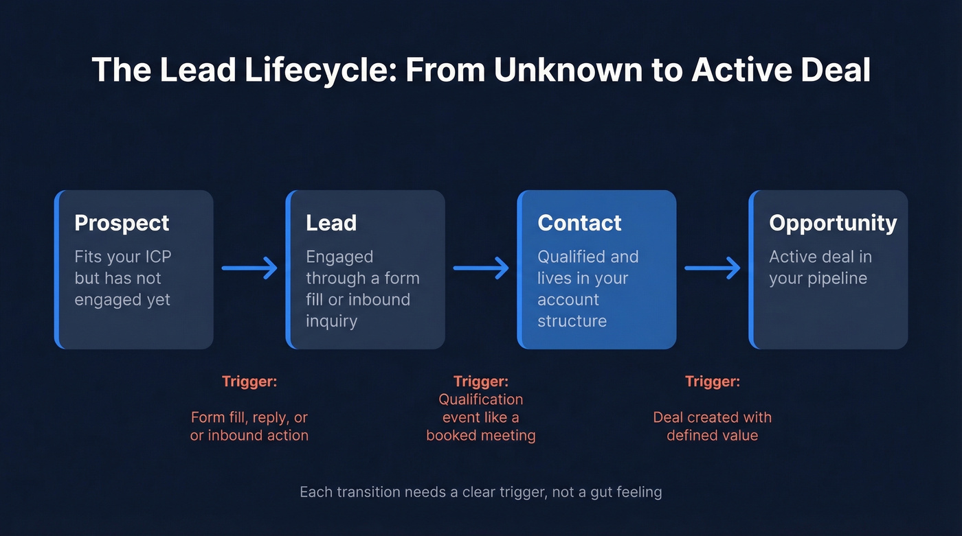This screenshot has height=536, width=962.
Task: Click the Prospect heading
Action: [x=122, y=223]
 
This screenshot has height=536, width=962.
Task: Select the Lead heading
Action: [x=331, y=223]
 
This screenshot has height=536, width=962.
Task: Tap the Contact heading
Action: [x=579, y=223]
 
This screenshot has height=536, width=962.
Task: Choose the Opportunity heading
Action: [x=833, y=223]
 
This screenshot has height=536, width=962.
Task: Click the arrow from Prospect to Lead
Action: [x=249, y=268]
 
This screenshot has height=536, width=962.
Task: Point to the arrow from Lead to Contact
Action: [x=481, y=268]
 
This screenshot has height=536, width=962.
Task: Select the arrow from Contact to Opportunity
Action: [x=713, y=268]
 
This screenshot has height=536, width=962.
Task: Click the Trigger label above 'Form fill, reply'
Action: [x=249, y=382]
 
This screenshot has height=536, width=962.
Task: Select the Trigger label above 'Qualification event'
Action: [x=481, y=382]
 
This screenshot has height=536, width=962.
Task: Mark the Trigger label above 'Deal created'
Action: [x=713, y=382]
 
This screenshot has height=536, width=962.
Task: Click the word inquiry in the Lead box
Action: [x=331, y=321]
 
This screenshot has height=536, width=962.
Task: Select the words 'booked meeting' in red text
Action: [x=481, y=436]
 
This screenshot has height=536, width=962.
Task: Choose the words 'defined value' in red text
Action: [x=713, y=435]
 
